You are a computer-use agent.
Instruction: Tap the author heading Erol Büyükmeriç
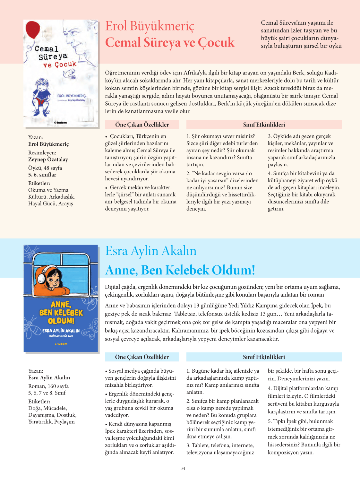tap(150, 26)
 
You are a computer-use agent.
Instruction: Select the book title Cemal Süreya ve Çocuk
tap(170, 42)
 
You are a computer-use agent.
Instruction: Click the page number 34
tap(183, 468)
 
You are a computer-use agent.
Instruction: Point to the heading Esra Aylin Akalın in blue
tap(151, 251)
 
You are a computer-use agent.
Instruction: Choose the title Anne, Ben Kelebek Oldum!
tap(180, 270)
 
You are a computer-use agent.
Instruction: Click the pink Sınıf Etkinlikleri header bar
tap(264, 125)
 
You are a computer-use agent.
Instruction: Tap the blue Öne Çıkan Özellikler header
tap(142, 357)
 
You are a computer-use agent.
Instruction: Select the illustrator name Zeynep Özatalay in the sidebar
tap(48, 159)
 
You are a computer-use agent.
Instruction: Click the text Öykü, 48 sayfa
tap(45, 168)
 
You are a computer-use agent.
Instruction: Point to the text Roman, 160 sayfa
tap(48, 386)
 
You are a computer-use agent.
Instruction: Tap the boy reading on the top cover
tap(40, 96)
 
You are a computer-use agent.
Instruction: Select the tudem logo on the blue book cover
tap(61, 344)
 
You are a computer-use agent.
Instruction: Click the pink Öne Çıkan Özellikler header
tap(142, 125)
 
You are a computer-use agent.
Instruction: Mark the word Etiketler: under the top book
tap(39, 183)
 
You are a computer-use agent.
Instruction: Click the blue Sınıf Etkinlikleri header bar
tap(264, 357)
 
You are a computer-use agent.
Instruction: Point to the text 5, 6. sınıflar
tap(42, 175)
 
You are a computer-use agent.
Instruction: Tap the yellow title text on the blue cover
tap(61, 312)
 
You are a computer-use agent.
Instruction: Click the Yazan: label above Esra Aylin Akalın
tap(36, 371)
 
